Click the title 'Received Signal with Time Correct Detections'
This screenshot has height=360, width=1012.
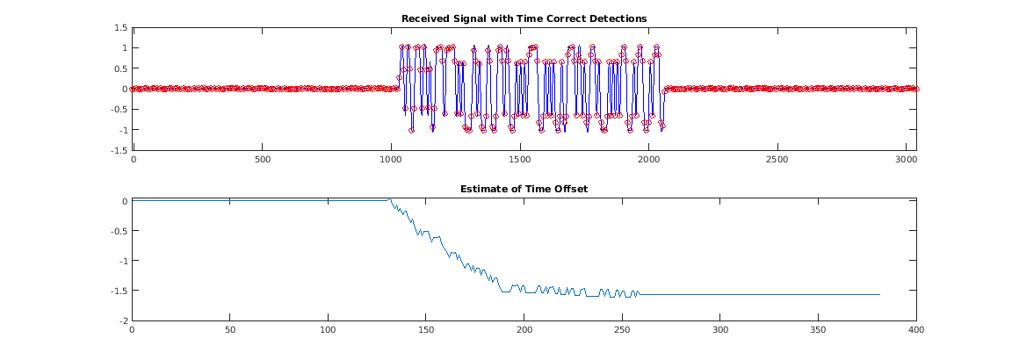pyautogui.click(x=524, y=18)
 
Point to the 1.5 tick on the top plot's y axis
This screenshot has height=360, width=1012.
pyautogui.click(x=121, y=27)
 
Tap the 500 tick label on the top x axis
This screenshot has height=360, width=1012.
pyautogui.click(x=262, y=161)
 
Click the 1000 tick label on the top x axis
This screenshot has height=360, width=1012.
pyautogui.click(x=390, y=161)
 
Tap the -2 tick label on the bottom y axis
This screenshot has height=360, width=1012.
pyautogui.click(x=123, y=321)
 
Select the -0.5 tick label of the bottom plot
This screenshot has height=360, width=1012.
pyautogui.click(x=119, y=231)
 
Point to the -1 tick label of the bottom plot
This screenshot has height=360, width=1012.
pyautogui.click(x=123, y=261)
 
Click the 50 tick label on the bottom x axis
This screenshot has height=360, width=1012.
pyautogui.click(x=229, y=331)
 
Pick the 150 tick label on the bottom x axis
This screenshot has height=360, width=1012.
pyautogui.click(x=425, y=331)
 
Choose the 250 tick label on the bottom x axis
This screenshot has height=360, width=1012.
pyautogui.click(x=622, y=331)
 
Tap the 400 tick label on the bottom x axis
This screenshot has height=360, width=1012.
pyautogui.click(x=916, y=331)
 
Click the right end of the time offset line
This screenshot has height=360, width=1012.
pyautogui.click(x=879, y=294)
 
